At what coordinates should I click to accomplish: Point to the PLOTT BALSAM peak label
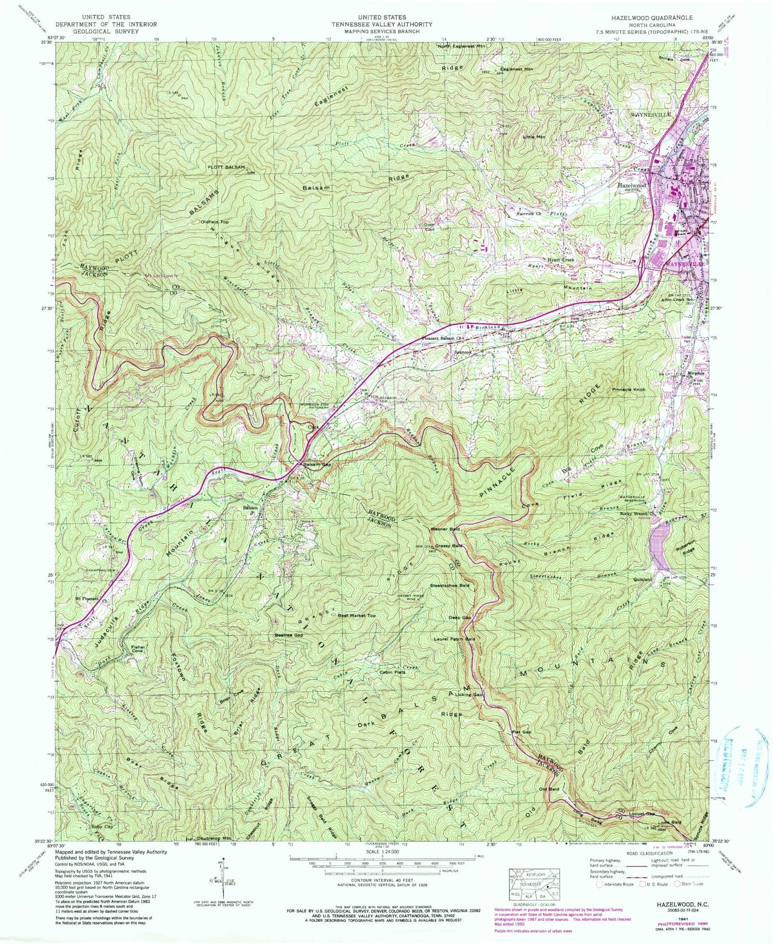click(x=226, y=168)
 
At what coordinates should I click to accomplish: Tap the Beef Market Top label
click(x=357, y=615)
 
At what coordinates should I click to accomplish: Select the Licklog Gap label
click(x=471, y=695)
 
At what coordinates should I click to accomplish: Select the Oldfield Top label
click(x=215, y=222)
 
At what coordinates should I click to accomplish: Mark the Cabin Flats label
click(x=393, y=672)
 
